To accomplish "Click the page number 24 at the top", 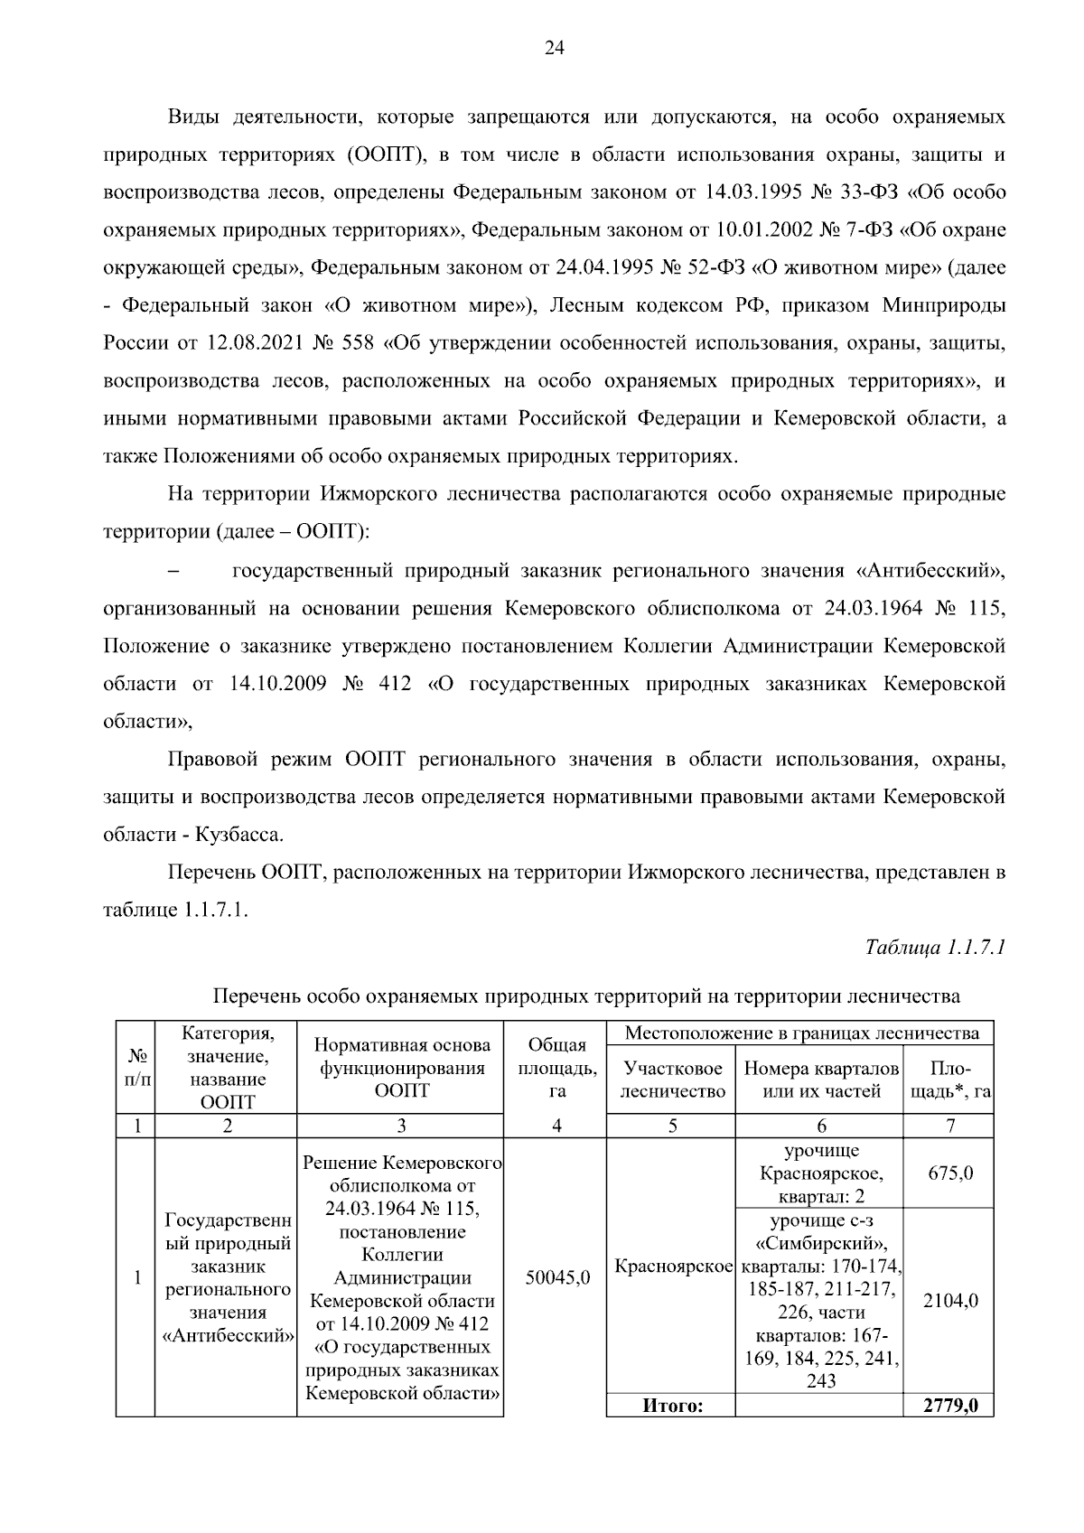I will click(554, 50).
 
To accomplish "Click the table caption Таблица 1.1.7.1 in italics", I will click(935, 948).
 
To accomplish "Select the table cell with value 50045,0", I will click(557, 1278).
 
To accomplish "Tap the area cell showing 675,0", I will click(949, 1173).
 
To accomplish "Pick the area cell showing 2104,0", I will click(949, 1301).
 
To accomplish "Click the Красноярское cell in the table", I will click(672, 1267).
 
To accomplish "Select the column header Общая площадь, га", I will click(556, 1068).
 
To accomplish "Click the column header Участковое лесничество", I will click(672, 1080).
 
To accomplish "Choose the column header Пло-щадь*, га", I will click(949, 1080).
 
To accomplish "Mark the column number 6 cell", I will click(820, 1126).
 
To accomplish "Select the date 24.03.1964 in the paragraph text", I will click(874, 609).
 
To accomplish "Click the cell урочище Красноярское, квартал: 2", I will click(820, 1173).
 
